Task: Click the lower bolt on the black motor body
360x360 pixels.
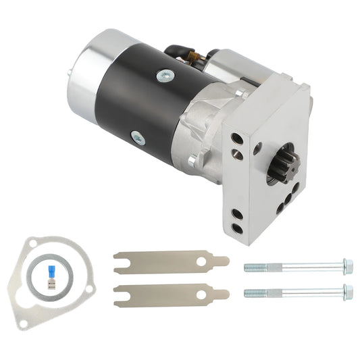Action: coord(138,138)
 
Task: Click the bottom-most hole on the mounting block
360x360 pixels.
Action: coord(237,229)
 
